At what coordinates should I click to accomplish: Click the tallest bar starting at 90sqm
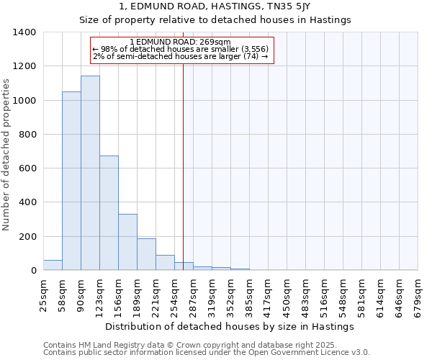tap(90, 173)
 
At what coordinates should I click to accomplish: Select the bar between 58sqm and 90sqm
tap(71, 181)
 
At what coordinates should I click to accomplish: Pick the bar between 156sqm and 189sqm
tap(127, 242)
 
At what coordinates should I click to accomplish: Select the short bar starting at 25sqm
tap(53, 265)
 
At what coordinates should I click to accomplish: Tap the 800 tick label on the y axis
tap(27, 135)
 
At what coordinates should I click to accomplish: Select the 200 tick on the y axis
tap(27, 237)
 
